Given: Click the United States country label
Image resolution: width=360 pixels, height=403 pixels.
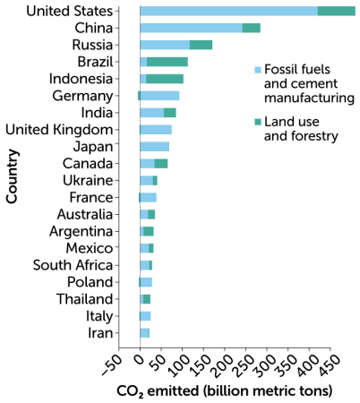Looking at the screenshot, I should [70, 11].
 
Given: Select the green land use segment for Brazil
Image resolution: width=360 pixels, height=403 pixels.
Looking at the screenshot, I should [167, 62].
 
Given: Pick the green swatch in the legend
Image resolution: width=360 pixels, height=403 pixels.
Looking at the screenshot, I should [258, 121].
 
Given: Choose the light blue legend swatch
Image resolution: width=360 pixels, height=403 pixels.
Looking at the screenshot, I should [258, 68].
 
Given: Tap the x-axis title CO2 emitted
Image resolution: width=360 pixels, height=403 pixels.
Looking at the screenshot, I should [224, 391].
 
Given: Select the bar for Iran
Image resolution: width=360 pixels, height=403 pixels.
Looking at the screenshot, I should [145, 333].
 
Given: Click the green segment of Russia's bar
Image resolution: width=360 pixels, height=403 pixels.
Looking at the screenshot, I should [201, 45].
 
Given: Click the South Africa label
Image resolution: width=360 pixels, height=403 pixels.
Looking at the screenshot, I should [74, 265].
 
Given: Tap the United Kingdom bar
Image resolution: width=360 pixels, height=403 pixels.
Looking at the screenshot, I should [156, 130].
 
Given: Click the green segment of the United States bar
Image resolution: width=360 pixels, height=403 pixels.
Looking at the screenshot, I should [337, 11].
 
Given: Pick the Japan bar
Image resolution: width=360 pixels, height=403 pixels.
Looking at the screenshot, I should [155, 147].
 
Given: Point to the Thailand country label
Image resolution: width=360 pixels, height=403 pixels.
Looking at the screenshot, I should [86, 299].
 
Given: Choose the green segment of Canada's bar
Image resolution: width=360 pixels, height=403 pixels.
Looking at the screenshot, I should [161, 164].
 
